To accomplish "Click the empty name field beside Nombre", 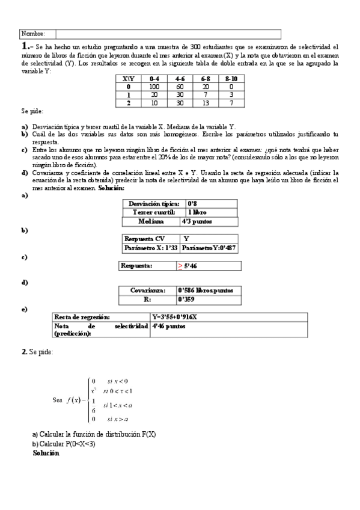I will (x=168, y=34).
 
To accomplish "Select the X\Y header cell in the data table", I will (x=128, y=79).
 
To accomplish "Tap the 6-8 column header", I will (x=206, y=79).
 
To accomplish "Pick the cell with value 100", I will (x=154, y=87).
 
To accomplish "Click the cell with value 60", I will (x=180, y=87).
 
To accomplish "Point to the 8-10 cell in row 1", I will (x=231, y=94).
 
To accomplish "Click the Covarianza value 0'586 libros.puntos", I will (x=206, y=290).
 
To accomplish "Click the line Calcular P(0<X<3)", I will (x=64, y=444).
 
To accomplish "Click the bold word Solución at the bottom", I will (x=46, y=453).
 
